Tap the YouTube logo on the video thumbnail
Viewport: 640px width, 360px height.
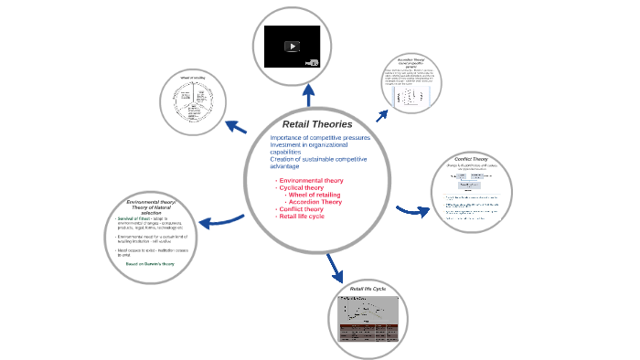click(x=310, y=62)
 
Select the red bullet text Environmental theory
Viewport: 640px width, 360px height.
click(x=311, y=181)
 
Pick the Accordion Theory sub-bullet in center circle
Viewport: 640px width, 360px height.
click(x=315, y=203)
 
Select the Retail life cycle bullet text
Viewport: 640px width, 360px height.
click(x=302, y=217)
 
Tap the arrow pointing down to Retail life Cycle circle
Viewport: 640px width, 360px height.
click(x=333, y=268)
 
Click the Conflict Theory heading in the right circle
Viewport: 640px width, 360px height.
click(x=471, y=159)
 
